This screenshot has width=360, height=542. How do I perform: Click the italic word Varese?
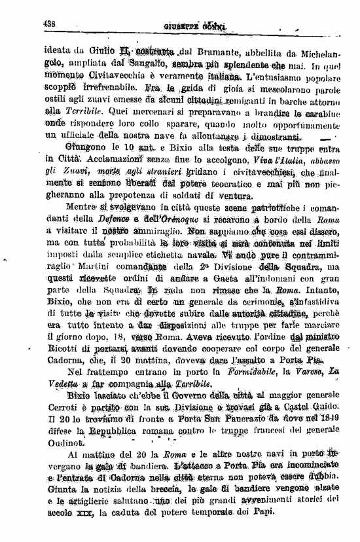pyautogui.click(x=294, y=372)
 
